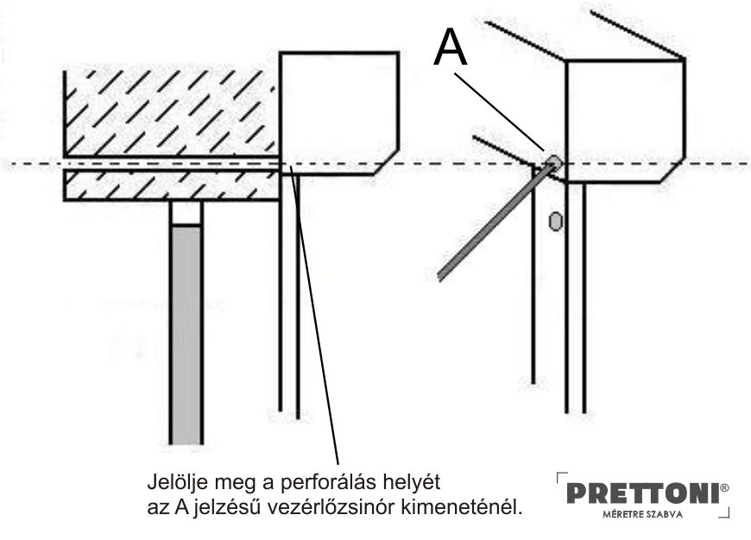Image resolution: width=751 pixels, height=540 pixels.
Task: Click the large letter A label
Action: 450,47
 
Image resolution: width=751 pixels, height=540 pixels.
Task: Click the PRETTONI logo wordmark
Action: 643,493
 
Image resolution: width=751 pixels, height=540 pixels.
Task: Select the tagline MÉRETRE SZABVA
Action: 643,515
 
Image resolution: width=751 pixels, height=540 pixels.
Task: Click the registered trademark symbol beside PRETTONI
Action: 724,487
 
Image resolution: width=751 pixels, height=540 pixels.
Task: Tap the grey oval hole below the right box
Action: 555,221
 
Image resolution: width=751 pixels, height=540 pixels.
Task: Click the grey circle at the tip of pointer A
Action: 553,162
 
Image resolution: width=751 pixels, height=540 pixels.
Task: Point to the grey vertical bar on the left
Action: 186,335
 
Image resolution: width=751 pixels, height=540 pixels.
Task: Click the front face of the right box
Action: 625,121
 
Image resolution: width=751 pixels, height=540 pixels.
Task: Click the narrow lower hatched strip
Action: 172,185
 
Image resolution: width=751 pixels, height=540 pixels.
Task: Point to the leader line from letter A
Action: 499,111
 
